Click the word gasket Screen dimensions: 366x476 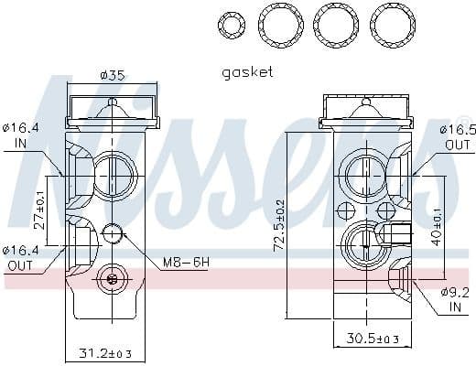click(x=247, y=71)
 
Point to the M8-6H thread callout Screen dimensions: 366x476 click(x=186, y=263)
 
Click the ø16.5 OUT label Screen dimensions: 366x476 click(x=456, y=137)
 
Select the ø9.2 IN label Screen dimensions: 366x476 click(x=454, y=299)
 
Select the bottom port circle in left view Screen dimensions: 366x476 click(x=113, y=279)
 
